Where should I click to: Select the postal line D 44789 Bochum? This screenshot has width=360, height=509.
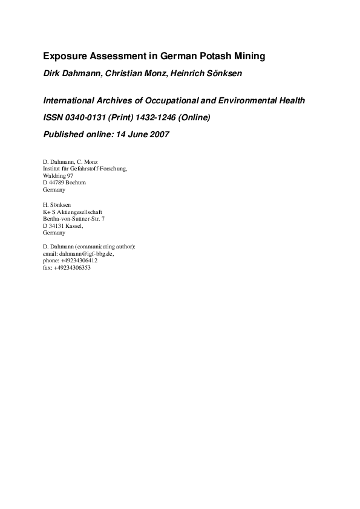click(x=64, y=182)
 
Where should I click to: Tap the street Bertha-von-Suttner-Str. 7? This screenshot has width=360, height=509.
click(x=74, y=218)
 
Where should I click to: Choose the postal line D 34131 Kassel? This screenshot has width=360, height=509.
click(x=63, y=225)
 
